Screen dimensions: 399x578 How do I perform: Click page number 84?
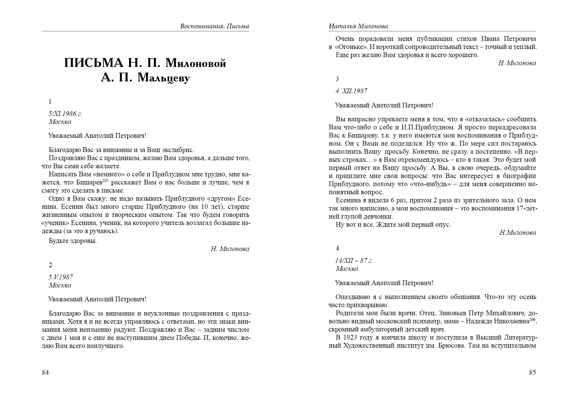coord(45,373)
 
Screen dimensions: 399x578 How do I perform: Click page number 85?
coord(532,373)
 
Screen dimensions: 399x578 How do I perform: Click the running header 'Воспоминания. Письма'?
coord(214,26)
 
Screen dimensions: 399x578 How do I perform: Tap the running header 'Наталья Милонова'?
coord(358,26)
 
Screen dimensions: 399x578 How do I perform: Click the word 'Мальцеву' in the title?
coord(164,78)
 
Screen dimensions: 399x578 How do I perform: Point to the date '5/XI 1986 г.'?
coord(65,114)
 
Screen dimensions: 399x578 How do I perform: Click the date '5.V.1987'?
coord(61,277)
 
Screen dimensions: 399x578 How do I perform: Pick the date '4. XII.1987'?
coord(351,91)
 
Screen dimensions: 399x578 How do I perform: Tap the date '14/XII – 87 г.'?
coord(354,260)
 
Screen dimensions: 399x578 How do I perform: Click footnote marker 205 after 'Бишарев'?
coord(105,181)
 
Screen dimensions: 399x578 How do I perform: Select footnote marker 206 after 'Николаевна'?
coord(532,319)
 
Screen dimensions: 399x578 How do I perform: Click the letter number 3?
coord(337,79)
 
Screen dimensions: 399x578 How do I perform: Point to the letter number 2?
coord(51,265)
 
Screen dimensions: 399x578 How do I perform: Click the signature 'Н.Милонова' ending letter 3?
coord(518,232)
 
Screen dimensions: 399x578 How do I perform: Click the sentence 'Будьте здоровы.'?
coord(73,241)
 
